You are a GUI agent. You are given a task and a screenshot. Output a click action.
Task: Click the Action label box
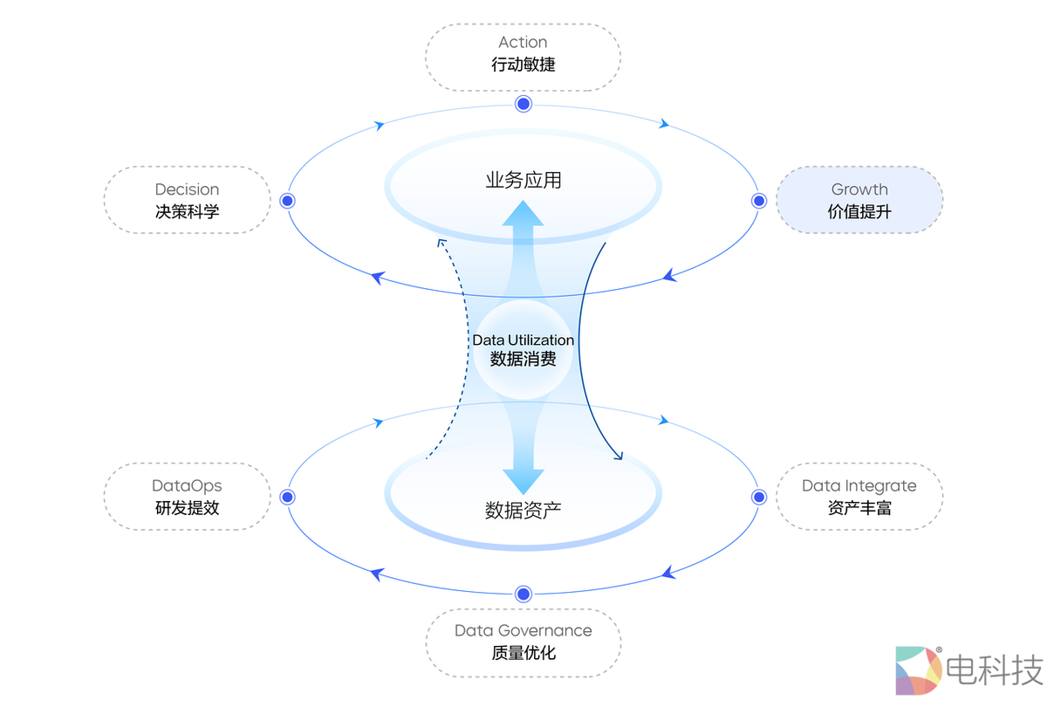523,57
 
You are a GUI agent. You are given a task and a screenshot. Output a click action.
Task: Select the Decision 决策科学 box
187,200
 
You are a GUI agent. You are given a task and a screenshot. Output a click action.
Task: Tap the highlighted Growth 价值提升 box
859,200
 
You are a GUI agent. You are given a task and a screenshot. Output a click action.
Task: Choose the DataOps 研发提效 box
187,497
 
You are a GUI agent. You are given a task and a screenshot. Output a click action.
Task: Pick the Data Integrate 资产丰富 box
859,497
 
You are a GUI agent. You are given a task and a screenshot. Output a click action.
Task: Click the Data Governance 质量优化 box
523,642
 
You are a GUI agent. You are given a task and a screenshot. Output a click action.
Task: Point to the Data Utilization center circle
523,349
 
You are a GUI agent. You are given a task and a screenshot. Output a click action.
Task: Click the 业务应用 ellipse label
523,181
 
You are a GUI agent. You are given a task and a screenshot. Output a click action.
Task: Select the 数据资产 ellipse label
523,510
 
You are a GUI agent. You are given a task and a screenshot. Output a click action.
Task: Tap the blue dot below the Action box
523,104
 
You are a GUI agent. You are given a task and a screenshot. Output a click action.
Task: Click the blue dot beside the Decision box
288,200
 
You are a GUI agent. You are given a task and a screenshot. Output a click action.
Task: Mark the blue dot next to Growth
758,200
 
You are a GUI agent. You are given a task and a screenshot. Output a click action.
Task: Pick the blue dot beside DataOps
288,497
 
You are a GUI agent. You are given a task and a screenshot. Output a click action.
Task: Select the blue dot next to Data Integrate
758,497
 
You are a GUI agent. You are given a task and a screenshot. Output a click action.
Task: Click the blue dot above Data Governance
523,594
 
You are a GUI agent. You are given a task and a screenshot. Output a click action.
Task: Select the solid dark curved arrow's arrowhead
619,456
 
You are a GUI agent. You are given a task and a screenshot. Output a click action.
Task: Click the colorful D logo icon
918,670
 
